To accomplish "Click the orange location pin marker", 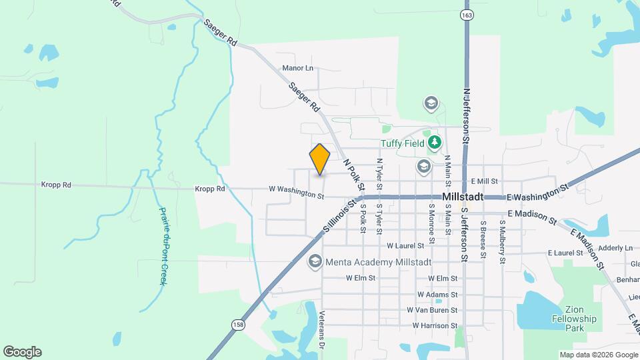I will pos(320,159).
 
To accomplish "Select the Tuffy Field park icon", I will pos(435,142).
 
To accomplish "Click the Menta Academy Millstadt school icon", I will pos(314,261).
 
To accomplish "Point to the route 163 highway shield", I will pos(467,15).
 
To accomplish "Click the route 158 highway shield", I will pos(238,325).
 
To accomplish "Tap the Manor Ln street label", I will pos(297,68).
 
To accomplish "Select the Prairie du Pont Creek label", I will pos(163,246).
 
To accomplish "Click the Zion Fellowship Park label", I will pos(574,319).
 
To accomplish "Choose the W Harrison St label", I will pos(435,326).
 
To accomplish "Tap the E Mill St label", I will pos(484,181).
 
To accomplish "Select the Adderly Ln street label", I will pos(615,248).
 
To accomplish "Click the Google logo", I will pos(22,352).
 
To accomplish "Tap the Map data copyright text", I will pos(597,355).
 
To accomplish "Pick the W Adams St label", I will pos(437,294).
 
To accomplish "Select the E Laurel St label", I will pos(565,253).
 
